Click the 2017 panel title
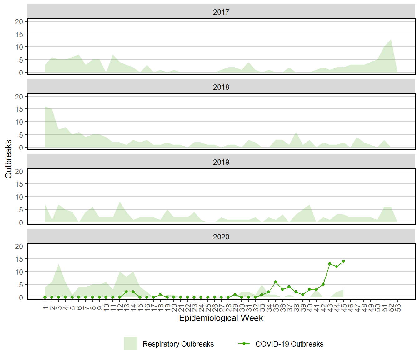tap(221, 12)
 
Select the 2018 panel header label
tap(221, 87)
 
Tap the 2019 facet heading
tap(221, 162)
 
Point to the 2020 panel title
tap(221, 237)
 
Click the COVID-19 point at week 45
tap(343, 261)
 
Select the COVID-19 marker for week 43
tap(330, 264)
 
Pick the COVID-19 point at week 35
tap(276, 282)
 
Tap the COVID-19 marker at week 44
tap(337, 267)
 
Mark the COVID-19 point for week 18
tap(160, 295)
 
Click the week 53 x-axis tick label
tap(398, 308)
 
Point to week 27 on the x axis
tap(222, 308)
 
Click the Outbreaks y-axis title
tap(8, 159)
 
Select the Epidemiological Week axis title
tap(221, 318)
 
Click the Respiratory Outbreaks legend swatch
tap(130, 343)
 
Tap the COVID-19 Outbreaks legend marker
tap(244, 344)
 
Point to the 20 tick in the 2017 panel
tap(19, 22)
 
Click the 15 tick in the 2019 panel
tap(19, 184)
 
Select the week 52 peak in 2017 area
tap(391, 40)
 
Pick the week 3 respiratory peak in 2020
tap(59, 264)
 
